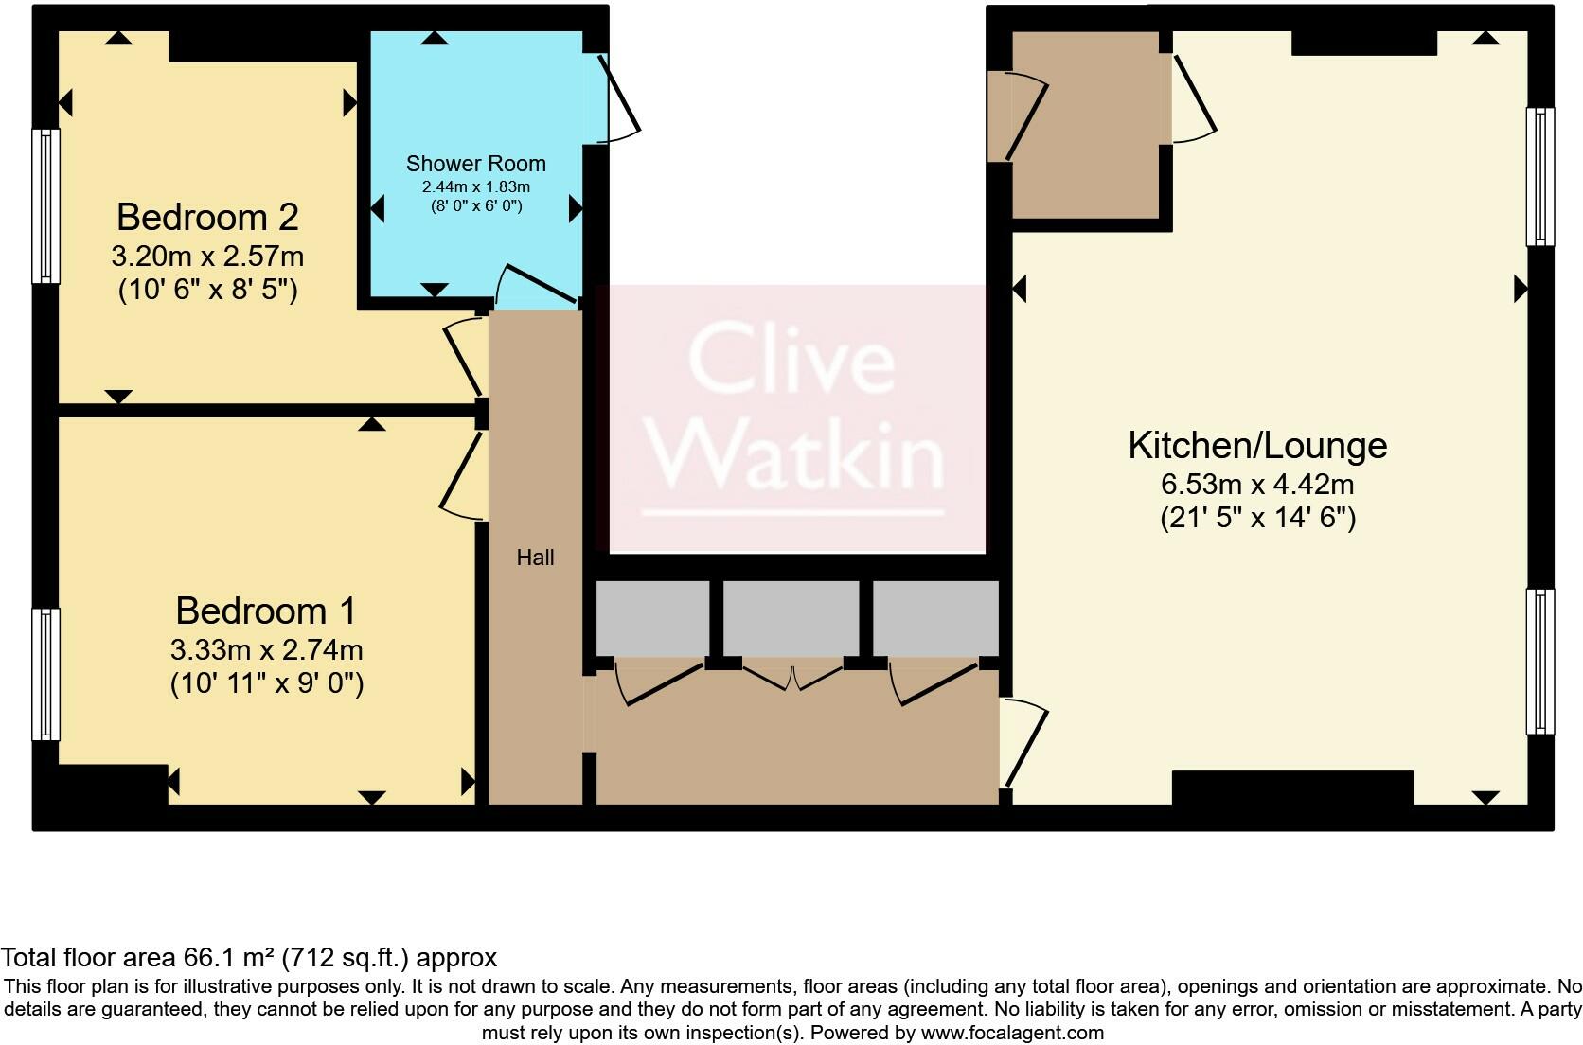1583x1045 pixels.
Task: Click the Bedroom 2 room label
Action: coord(207,218)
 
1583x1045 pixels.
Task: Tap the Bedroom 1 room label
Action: coord(266,611)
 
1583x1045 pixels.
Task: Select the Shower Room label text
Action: coord(475,164)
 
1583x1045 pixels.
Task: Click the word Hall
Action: coord(535,558)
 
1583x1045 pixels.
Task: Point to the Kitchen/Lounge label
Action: coord(1257,445)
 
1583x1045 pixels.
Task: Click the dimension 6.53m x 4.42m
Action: coord(1257,485)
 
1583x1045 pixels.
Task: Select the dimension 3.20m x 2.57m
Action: coord(207,257)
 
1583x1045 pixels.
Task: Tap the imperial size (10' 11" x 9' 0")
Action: coord(266,683)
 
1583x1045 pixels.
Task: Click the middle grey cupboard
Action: coord(791,617)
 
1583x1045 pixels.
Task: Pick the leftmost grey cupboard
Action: coord(652,617)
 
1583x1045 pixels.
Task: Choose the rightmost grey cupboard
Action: coord(935,617)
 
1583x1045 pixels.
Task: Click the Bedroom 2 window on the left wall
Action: coord(45,205)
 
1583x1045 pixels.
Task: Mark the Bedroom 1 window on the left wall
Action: coord(45,673)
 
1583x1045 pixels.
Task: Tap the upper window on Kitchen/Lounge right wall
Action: coord(1540,176)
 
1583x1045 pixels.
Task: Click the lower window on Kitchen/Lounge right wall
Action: coord(1540,662)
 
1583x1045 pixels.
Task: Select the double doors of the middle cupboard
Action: coord(792,678)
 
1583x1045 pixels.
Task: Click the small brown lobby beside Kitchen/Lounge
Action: coord(1086,126)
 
